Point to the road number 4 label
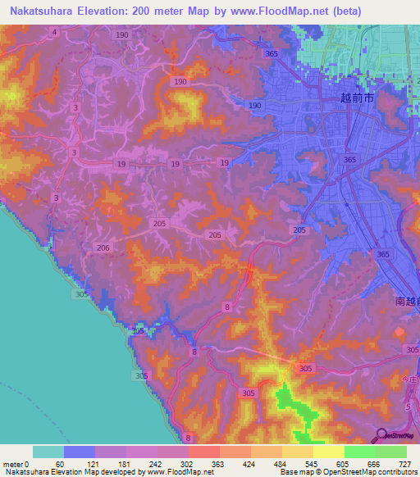pos(54,32)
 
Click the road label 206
pos(103,248)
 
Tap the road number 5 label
pos(408,407)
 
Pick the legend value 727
pos(405,464)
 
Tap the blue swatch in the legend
pos(80,452)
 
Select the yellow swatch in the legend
pos(329,452)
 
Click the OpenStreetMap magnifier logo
pos(381,435)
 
